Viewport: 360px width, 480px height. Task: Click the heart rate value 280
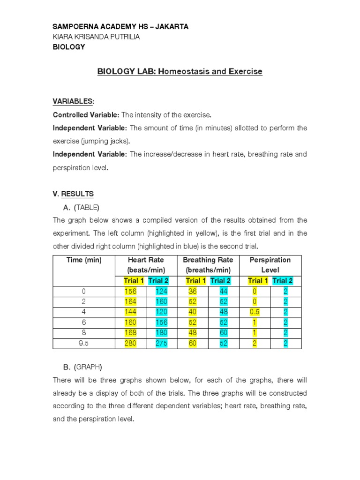pyautogui.click(x=131, y=344)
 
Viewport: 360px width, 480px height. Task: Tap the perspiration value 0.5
pyautogui.click(x=255, y=312)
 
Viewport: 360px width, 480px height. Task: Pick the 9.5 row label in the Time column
pyautogui.click(x=84, y=344)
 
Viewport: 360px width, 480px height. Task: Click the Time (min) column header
pyautogui.click(x=84, y=260)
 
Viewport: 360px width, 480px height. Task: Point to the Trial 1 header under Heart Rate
pyautogui.click(x=134, y=281)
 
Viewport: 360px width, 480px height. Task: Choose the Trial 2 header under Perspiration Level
pyautogui.click(x=282, y=281)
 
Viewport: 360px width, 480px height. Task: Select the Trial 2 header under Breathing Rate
pyautogui.click(x=220, y=281)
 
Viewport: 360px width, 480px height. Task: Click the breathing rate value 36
pyautogui.click(x=193, y=292)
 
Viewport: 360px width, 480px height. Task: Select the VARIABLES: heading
pyautogui.click(x=74, y=102)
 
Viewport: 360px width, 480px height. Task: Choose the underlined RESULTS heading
pyautogui.click(x=78, y=194)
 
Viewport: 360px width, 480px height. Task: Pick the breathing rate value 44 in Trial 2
pyautogui.click(x=223, y=292)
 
